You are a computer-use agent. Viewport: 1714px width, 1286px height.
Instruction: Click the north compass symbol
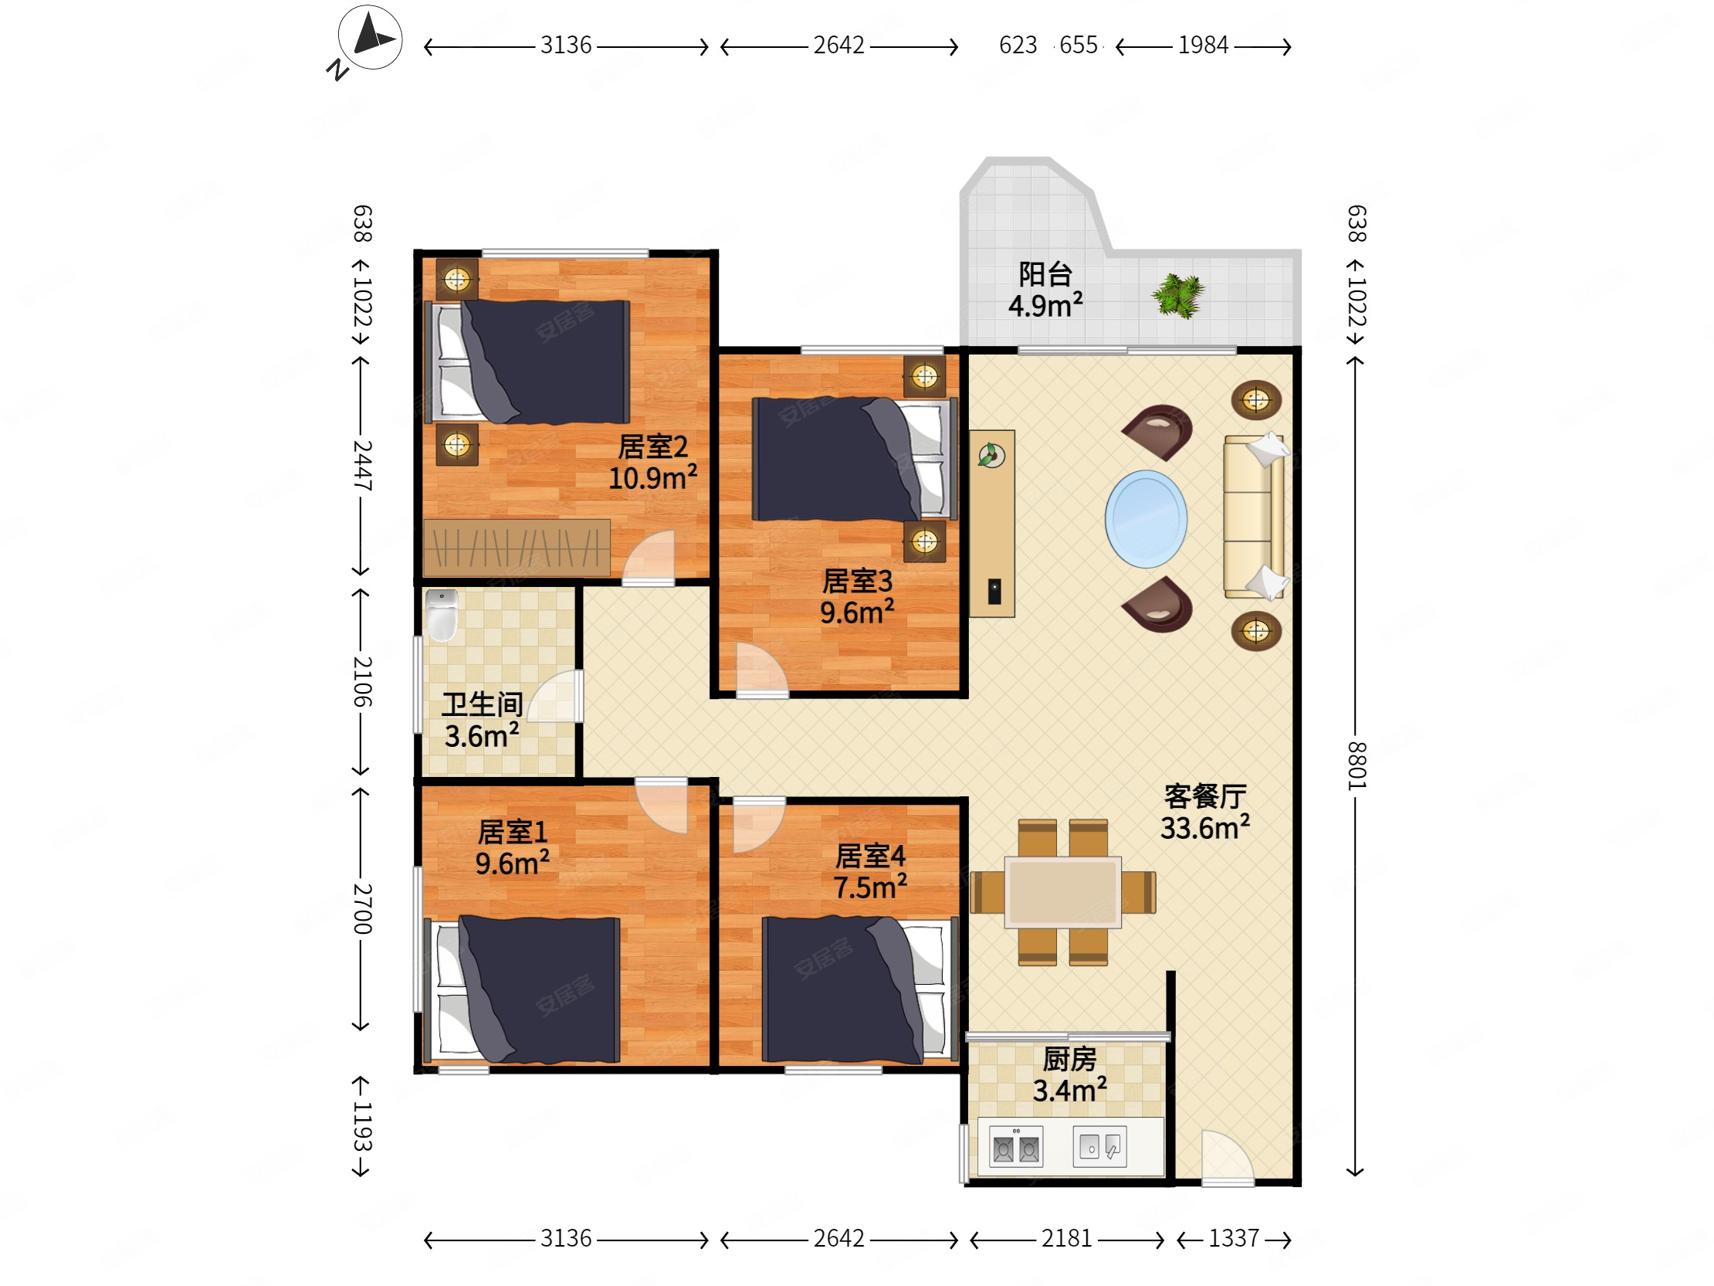point(370,37)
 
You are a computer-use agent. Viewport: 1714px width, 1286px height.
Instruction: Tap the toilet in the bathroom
point(442,616)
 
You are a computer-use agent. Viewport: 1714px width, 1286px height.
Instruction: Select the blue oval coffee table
point(1145,518)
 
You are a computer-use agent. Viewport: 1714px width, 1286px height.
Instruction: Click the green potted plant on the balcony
point(1177,295)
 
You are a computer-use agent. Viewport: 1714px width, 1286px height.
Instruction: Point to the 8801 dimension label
point(1355,765)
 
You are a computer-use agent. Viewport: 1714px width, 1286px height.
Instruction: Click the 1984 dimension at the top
point(1203,46)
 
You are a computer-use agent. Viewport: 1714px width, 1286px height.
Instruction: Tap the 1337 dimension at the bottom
point(1234,1239)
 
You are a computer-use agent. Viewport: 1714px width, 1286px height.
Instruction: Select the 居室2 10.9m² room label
point(652,463)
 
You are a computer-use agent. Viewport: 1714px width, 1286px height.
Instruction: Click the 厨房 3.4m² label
point(1069,1075)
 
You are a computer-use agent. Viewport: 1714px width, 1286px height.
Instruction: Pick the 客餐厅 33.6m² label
point(1205,813)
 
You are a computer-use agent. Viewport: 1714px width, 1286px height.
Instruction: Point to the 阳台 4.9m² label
point(1045,290)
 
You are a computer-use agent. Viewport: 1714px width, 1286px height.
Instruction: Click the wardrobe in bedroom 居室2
point(516,548)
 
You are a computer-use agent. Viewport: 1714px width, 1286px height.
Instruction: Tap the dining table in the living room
point(1062,892)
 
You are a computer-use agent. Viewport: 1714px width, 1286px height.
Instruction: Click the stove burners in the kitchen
point(1016,1147)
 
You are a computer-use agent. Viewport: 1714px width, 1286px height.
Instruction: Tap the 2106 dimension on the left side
point(362,681)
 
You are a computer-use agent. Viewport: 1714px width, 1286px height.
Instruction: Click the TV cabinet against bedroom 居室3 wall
point(992,523)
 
